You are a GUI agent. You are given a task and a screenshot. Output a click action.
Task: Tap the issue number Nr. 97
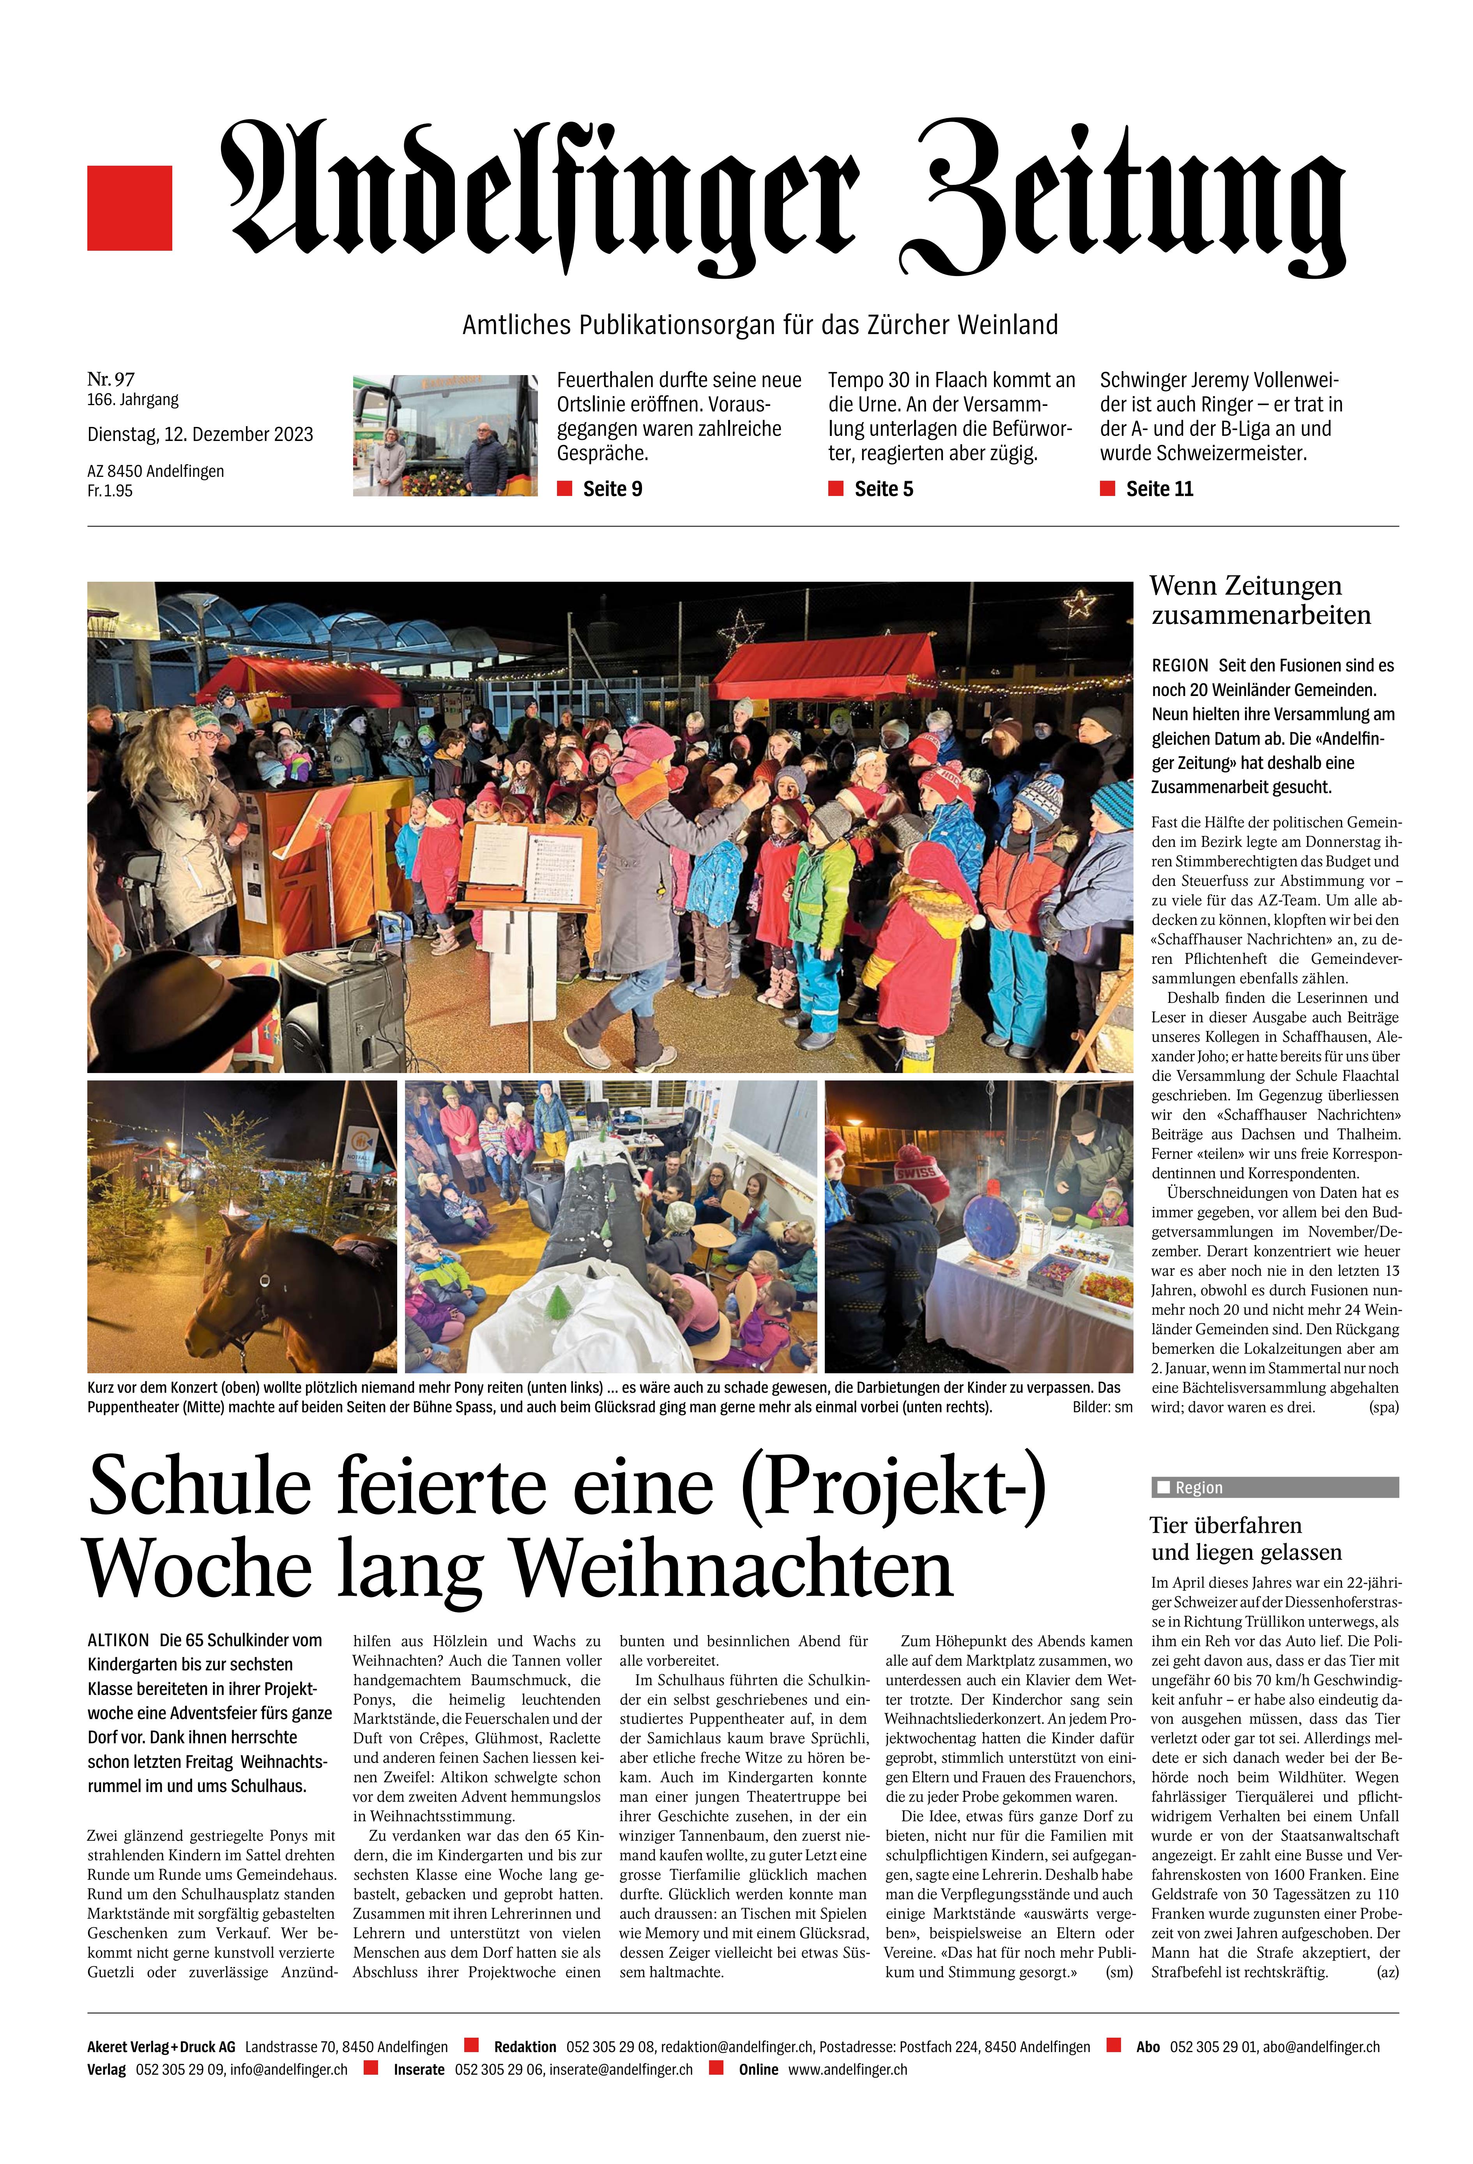pyautogui.click(x=111, y=379)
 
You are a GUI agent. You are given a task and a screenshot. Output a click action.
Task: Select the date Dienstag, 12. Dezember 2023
pyautogui.click(x=200, y=434)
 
